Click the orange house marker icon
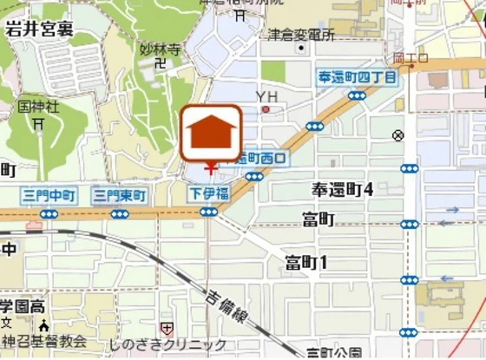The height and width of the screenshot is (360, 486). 210,132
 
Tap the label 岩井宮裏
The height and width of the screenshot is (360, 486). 40,29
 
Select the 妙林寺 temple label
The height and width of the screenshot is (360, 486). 160,49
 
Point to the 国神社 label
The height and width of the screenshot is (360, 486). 39,107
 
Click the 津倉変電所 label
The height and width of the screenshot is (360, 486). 301,35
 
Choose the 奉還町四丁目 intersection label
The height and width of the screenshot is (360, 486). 357,79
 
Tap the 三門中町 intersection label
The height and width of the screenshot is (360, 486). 48,195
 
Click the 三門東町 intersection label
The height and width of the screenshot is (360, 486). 119,195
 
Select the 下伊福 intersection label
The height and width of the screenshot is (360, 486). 209,193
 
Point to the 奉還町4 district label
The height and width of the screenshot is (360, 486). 342,189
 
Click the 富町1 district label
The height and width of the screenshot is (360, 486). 306,262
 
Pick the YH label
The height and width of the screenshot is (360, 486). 266,95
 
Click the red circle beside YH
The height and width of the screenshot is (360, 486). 266,109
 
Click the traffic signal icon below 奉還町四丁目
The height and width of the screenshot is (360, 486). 314,127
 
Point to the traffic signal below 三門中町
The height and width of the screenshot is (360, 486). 49,213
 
